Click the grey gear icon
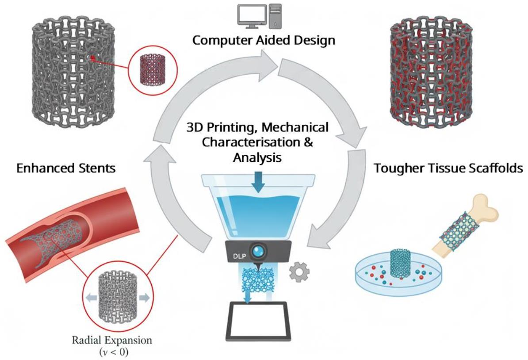pos(299,272)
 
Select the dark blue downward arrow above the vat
pos(258,184)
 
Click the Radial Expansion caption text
pos(117,341)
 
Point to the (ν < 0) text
pos(117,352)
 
